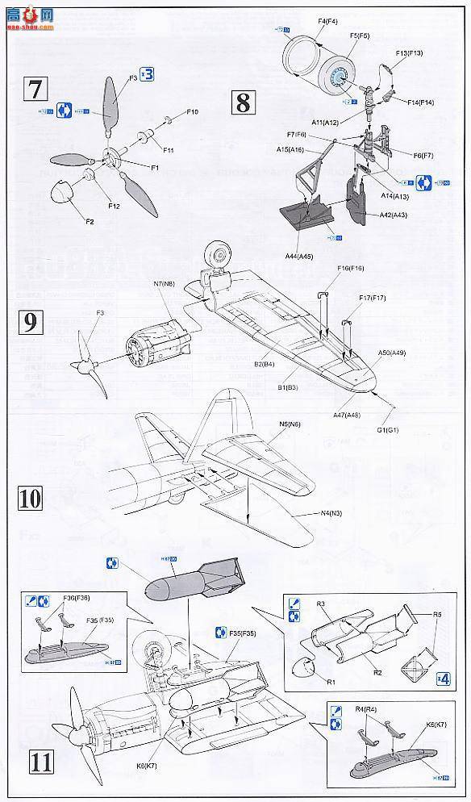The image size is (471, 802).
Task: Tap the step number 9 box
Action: coord(29,324)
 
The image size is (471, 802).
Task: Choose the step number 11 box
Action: coord(29,759)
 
